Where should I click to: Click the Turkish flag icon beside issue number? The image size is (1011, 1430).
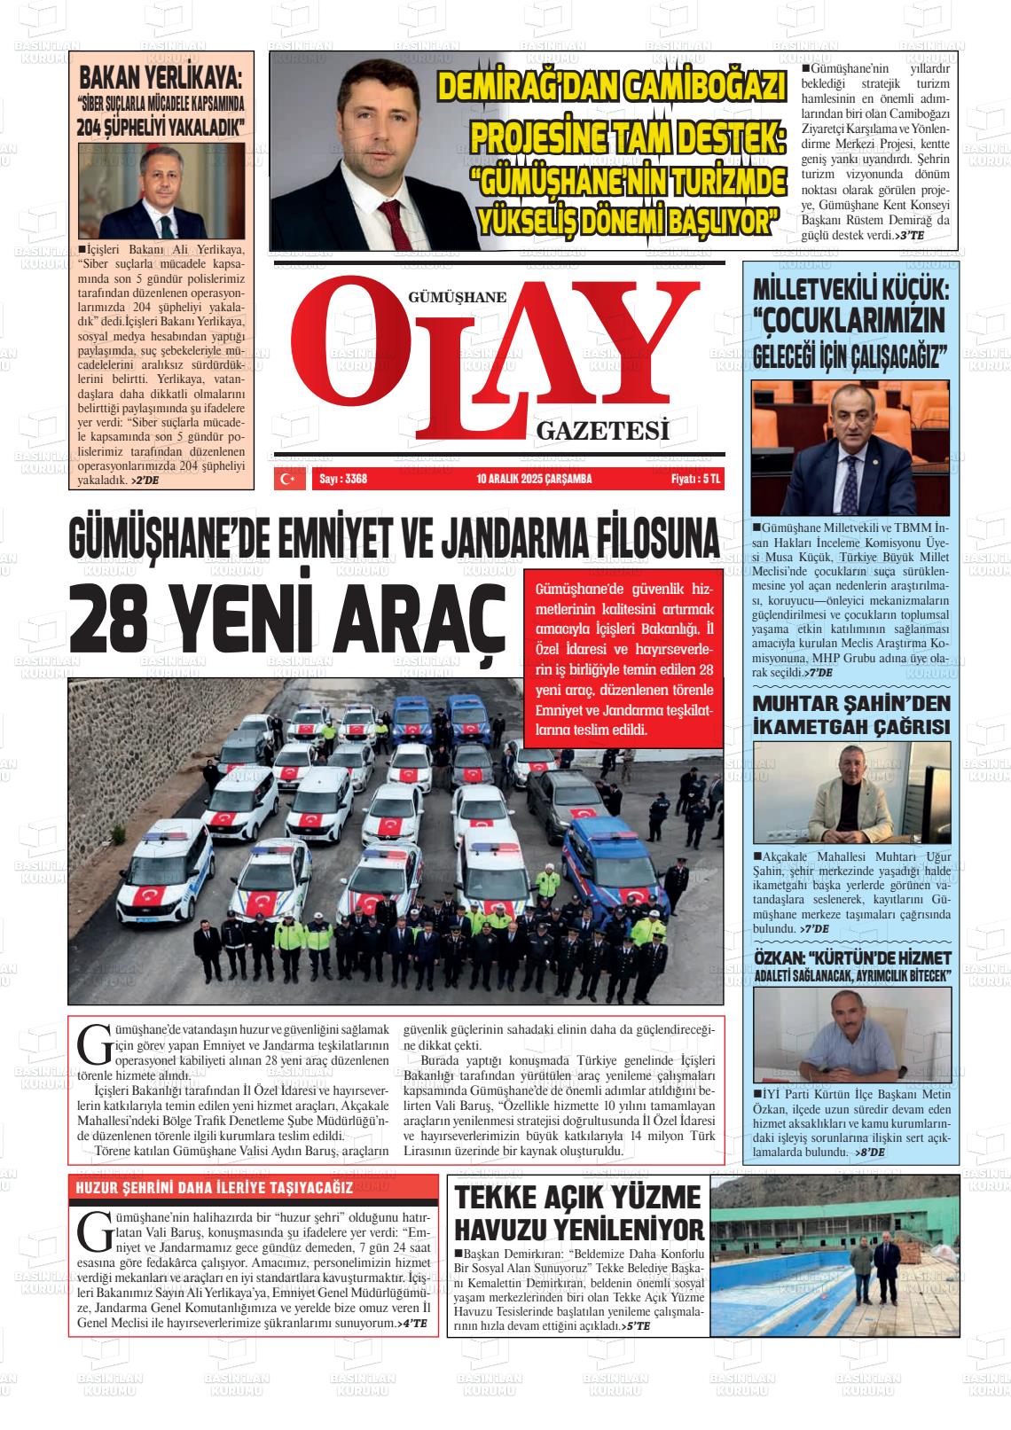[287, 479]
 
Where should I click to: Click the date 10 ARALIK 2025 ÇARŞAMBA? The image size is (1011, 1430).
[533, 480]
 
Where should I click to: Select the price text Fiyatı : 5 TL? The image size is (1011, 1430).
[696, 480]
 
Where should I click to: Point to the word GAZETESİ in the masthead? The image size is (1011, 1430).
[601, 432]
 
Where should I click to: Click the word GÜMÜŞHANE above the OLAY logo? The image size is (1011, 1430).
[457, 298]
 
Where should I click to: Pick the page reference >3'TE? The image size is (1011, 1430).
[910, 236]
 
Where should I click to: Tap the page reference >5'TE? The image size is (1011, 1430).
[637, 1326]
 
